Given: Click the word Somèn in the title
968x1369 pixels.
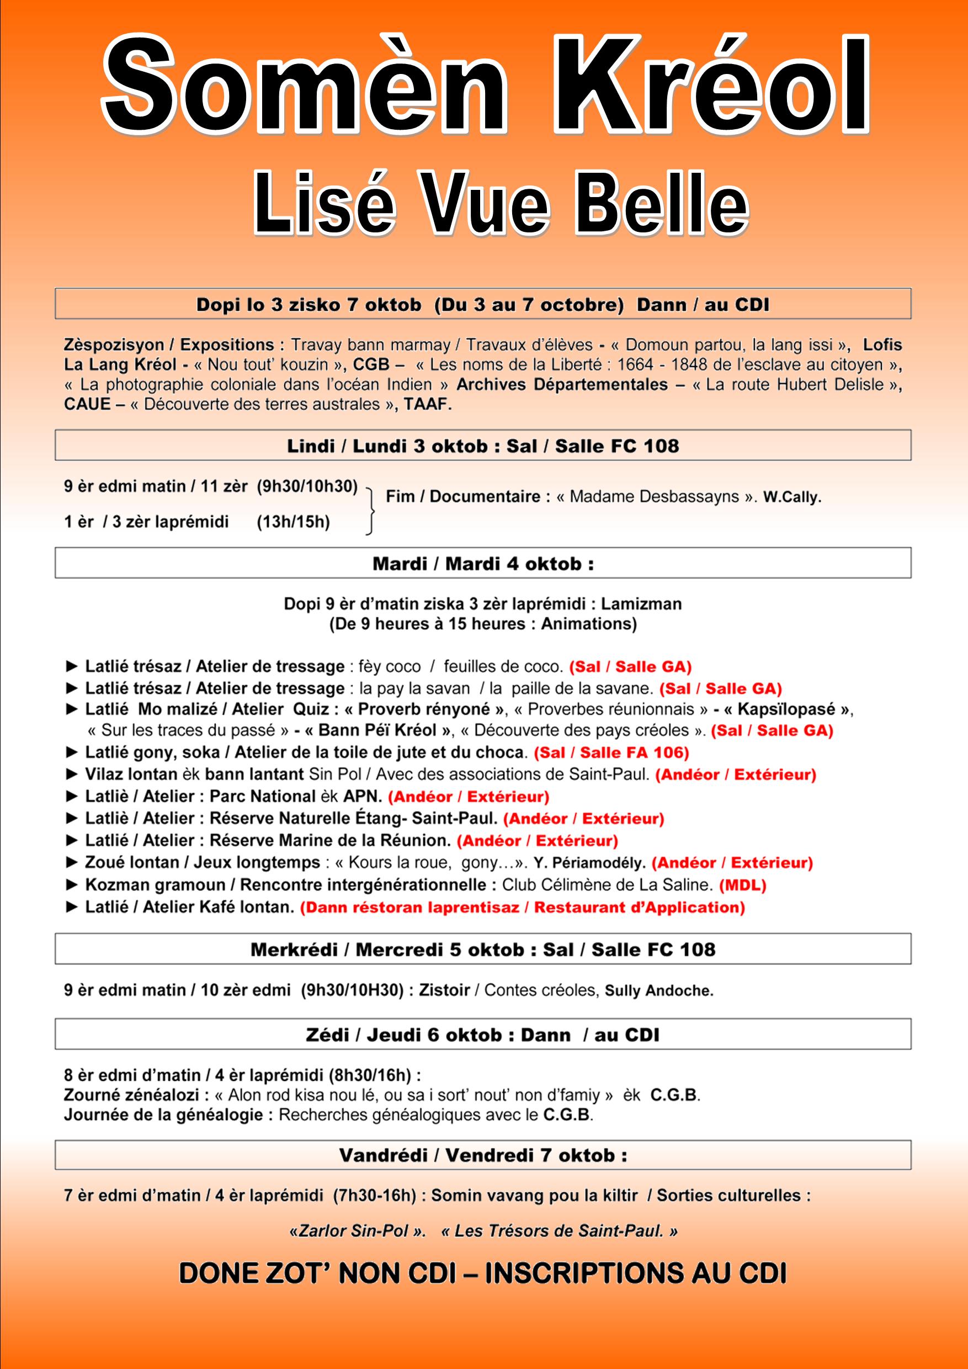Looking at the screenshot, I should pyautogui.click(x=305, y=87).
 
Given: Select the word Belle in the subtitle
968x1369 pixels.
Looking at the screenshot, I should pyautogui.click(x=661, y=204).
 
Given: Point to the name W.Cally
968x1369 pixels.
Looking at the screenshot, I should pyautogui.click(x=792, y=497).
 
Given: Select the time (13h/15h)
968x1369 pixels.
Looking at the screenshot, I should pyautogui.click(x=293, y=522).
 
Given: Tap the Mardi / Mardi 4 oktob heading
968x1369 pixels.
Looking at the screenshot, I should pyautogui.click(x=483, y=564).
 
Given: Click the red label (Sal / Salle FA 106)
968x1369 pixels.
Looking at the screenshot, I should pyautogui.click(x=611, y=752).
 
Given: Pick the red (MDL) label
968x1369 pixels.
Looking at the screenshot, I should pyautogui.click(x=743, y=885).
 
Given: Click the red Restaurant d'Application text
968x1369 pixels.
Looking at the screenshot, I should pyautogui.click(x=639, y=908).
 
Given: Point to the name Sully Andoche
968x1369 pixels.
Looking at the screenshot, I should pyautogui.click(x=659, y=991).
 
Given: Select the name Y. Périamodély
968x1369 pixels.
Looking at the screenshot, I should pyautogui.click(x=589, y=863).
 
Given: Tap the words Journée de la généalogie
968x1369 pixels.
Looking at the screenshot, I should pyautogui.click(x=164, y=1115).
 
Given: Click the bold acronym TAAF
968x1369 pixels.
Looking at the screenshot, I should pyautogui.click(x=427, y=404).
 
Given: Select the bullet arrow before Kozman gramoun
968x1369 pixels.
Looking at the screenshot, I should pyautogui.click(x=72, y=885).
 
